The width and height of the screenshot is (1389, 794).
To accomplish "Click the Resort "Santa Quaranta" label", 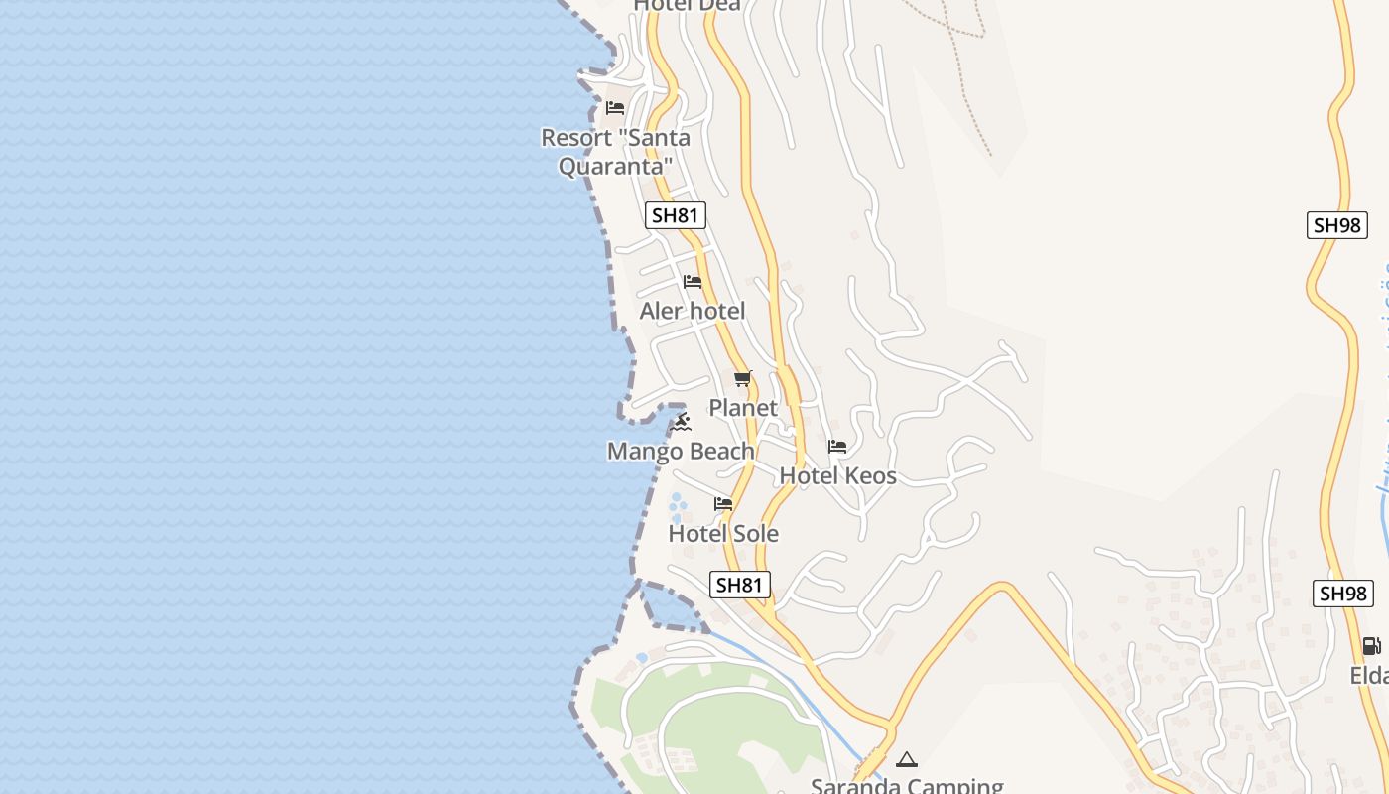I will tap(615, 151).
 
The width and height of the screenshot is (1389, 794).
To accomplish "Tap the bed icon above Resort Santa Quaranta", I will tap(615, 107).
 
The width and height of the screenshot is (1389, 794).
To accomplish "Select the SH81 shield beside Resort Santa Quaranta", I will tap(676, 215).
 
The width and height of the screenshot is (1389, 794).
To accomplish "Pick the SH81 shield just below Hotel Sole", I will tap(740, 585).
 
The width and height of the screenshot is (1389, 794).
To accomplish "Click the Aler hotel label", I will tap(693, 311).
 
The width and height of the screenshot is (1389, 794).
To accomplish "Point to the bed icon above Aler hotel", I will tap(693, 282).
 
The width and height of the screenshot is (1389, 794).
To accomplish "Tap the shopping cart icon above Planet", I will tap(742, 378).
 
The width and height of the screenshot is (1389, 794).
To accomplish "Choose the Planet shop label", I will tap(743, 407).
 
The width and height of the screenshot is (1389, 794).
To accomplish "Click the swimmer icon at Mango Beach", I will tap(682, 423).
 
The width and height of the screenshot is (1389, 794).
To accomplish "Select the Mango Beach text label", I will tap(681, 452).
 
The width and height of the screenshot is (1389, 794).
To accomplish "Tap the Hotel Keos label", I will tap(837, 475).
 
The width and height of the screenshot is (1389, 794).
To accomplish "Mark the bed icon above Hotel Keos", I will tap(837, 447).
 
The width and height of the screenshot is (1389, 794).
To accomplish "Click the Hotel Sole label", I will tap(723, 533).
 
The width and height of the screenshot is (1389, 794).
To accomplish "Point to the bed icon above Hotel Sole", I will tap(723, 504).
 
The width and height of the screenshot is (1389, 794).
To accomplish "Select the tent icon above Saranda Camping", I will tap(906, 760).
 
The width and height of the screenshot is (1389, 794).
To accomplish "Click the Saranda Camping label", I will tap(907, 786).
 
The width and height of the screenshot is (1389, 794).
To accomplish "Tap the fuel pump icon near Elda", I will tap(1371, 645).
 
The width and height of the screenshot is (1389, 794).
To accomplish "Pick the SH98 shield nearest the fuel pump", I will tap(1343, 594).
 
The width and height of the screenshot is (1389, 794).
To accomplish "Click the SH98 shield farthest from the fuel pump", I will tap(1336, 225).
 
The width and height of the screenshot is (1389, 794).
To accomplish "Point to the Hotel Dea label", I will tap(687, 5).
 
